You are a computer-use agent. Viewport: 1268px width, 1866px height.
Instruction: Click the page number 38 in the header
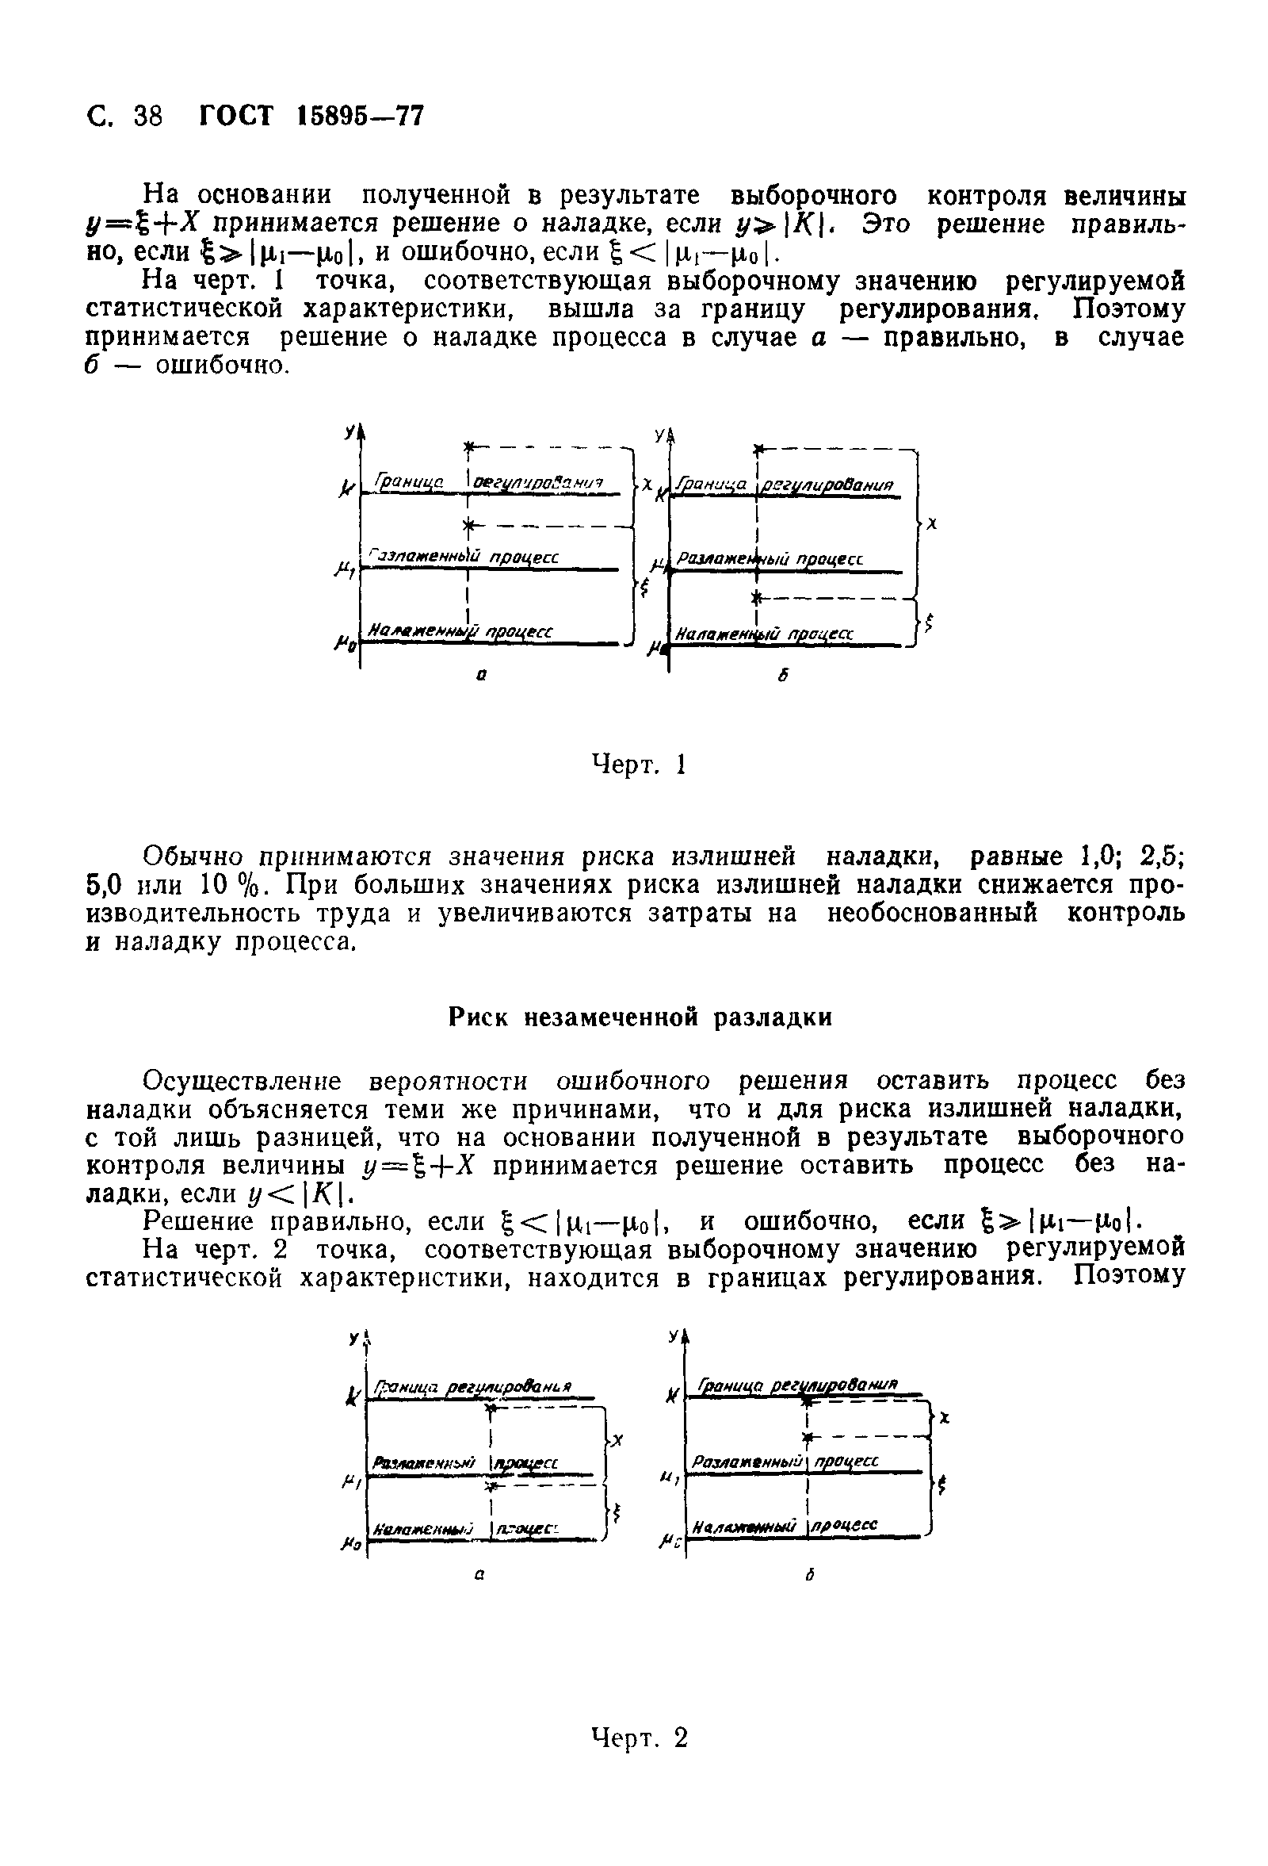148,117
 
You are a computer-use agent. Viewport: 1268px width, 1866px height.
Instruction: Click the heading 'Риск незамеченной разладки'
640,1017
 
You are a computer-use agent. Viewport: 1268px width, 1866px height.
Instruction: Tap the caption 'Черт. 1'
639,764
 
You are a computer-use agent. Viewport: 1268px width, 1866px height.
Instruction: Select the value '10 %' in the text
230,885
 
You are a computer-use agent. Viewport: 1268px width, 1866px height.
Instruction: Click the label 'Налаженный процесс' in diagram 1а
459,633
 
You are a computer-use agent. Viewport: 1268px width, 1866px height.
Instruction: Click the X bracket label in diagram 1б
932,523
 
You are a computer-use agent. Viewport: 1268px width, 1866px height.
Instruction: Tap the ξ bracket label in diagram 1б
930,622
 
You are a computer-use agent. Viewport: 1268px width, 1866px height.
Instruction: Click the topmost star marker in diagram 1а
468,446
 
